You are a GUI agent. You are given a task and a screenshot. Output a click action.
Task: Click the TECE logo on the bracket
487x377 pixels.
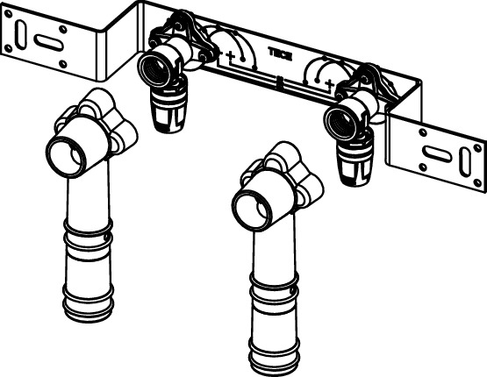point(280,54)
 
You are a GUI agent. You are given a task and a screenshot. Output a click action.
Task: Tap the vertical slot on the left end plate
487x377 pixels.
point(21,34)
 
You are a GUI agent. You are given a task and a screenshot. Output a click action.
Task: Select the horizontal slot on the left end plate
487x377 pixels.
point(48,42)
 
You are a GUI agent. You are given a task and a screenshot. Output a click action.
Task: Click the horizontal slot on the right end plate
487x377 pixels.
point(438,153)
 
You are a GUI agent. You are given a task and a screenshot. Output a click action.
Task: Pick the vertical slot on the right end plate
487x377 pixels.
point(464,162)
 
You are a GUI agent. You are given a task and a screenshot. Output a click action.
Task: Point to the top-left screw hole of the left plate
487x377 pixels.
point(9,14)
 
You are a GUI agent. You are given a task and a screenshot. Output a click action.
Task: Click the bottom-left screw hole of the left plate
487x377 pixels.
point(9,48)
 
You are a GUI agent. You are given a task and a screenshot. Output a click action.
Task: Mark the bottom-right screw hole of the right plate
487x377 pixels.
point(477,182)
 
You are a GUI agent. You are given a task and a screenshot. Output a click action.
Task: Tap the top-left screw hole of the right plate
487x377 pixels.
point(423,132)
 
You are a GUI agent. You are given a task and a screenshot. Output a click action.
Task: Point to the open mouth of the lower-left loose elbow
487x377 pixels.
point(66,157)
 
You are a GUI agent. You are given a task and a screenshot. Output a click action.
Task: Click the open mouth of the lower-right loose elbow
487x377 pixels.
point(252,209)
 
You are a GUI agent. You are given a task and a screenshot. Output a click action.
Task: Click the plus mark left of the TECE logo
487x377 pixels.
point(230,56)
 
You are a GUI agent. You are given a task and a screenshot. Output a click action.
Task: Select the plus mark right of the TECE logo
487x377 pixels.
point(331,83)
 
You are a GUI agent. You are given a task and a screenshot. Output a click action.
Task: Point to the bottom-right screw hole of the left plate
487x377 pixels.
point(63,64)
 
